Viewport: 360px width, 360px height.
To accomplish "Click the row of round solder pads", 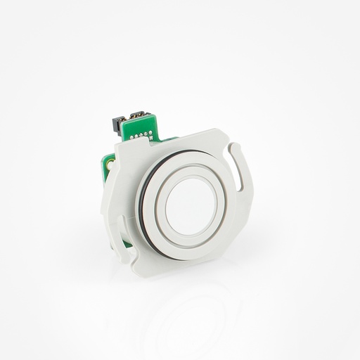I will point(141,134).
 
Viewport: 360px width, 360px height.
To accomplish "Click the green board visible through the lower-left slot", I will point(126,242).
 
